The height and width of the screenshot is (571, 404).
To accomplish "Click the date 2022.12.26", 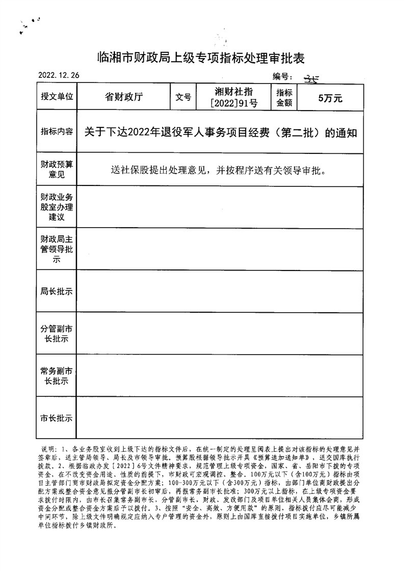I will pyautogui.click(x=59, y=75).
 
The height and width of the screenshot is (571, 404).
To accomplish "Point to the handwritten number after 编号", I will pyautogui.click(x=310, y=77).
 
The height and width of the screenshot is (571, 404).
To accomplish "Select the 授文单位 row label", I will pyautogui.click(x=57, y=97).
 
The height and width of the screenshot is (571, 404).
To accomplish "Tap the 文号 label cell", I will pyautogui.click(x=183, y=97).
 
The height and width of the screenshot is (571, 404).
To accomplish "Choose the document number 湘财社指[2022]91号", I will pyautogui.click(x=234, y=97).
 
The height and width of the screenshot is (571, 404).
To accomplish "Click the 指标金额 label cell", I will pyautogui.click(x=284, y=97).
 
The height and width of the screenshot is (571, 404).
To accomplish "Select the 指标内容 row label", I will pyautogui.click(x=57, y=132).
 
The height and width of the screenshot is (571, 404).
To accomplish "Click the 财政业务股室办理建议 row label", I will pyautogui.click(x=57, y=207).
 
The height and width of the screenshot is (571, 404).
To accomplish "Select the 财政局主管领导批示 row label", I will pyautogui.click(x=57, y=249).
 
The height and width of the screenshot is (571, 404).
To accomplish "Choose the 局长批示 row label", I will pyautogui.click(x=57, y=291).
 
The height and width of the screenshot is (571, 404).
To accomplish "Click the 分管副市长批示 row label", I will pyautogui.click(x=57, y=334).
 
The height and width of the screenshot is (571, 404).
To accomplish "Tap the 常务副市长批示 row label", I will pyautogui.click(x=57, y=376).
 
